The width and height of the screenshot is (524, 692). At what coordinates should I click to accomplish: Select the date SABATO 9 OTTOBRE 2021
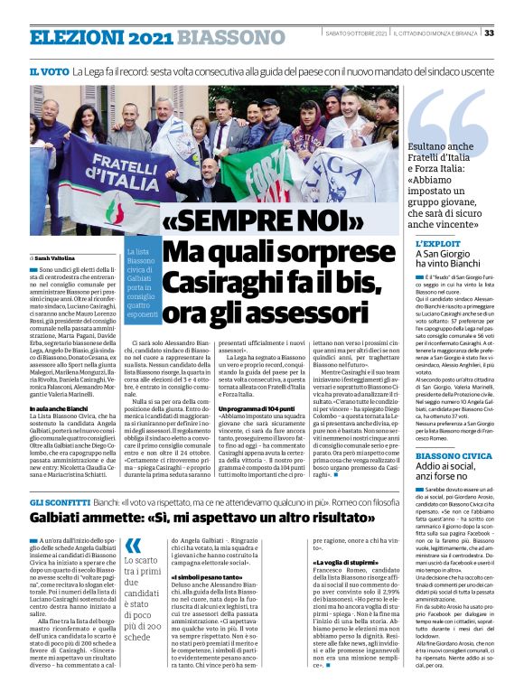[356, 33]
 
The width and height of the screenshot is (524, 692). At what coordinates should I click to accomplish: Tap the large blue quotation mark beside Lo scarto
[133, 545]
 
